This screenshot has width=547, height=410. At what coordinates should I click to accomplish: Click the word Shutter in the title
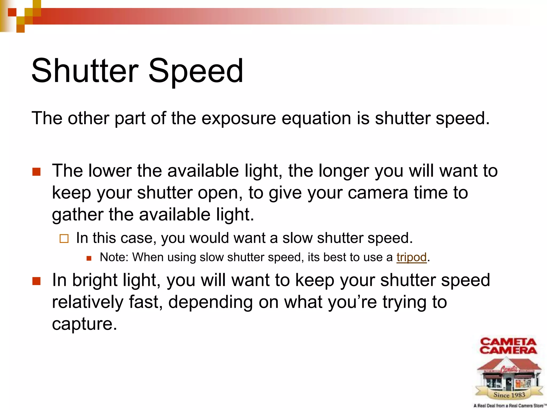(x=85, y=71)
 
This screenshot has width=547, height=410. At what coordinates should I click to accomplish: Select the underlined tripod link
(x=411, y=257)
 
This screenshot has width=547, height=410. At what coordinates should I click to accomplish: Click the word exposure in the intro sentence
(x=239, y=119)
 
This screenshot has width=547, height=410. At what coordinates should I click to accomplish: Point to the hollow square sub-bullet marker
(x=64, y=238)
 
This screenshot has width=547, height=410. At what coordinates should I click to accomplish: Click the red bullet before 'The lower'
(x=36, y=172)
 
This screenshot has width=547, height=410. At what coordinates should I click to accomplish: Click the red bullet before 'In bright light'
(x=36, y=281)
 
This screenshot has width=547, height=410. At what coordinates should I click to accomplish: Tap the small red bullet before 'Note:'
(x=89, y=258)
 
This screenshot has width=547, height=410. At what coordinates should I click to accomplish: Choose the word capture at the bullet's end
(x=84, y=324)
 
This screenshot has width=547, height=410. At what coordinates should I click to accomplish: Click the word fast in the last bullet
(x=146, y=302)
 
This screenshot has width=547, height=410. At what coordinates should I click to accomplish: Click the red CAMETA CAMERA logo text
(x=508, y=346)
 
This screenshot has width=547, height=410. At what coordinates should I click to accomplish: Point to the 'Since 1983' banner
(x=509, y=395)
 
